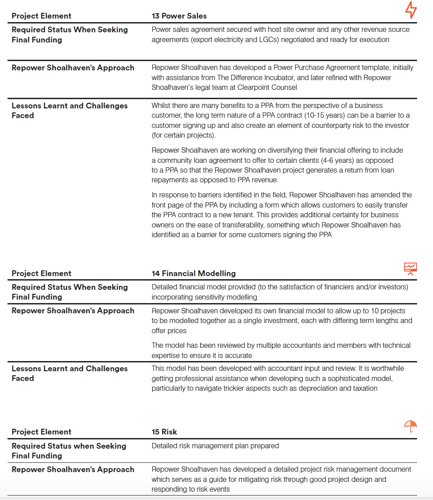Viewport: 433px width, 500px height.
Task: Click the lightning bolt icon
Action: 411,10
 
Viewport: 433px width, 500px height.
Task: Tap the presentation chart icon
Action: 410,268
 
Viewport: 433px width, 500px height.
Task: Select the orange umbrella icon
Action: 410,426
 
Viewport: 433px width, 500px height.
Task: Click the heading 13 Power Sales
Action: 179,16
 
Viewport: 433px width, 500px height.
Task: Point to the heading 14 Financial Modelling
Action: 193,273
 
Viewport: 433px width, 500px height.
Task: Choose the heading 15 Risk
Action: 164,432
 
